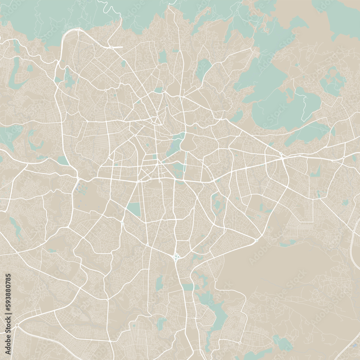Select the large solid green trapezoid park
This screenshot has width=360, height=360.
click(134, 209)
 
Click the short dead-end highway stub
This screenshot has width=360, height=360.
click(117, 47)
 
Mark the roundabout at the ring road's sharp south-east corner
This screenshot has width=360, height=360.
click(256, 240)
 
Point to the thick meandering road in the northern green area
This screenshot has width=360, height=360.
click(108, 5)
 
